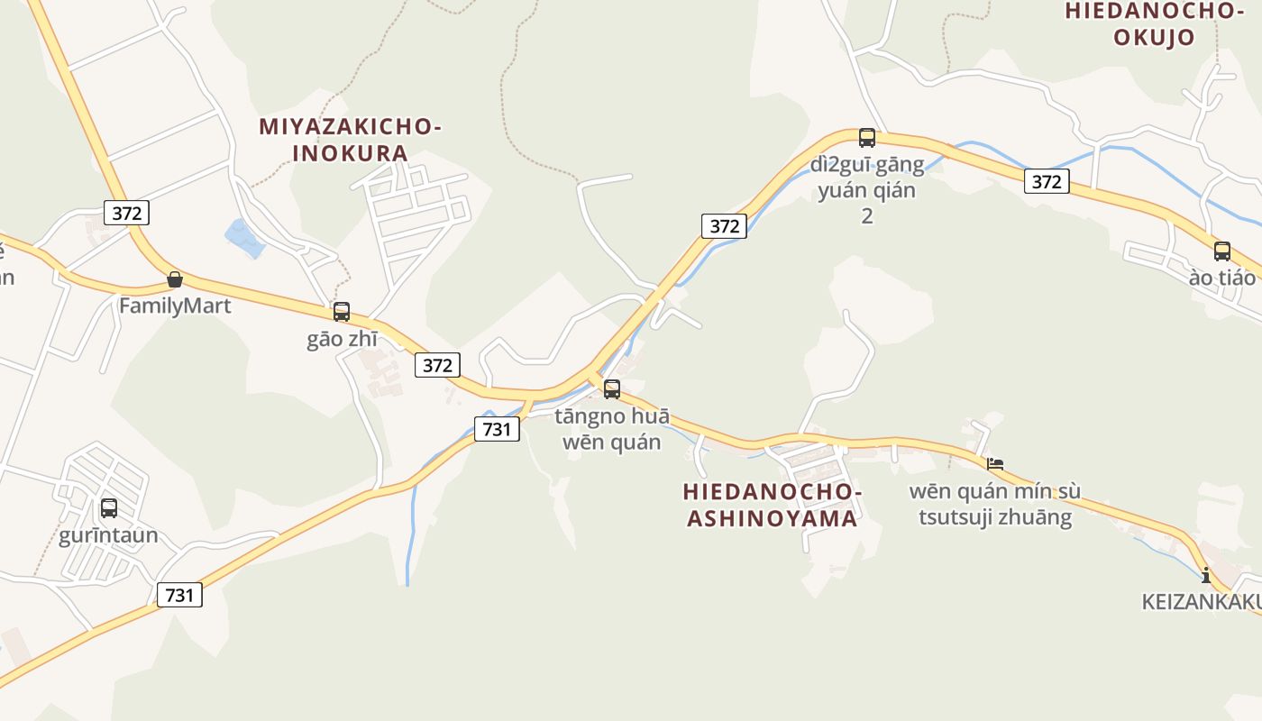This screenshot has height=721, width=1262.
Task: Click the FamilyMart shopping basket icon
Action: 175,279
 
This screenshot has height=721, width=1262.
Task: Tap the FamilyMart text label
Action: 175,306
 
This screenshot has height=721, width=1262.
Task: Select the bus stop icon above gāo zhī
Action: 342,312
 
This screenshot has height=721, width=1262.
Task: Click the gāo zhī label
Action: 342,339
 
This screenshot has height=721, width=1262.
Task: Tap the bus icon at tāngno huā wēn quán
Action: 612,389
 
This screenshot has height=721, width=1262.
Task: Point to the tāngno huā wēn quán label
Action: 612,429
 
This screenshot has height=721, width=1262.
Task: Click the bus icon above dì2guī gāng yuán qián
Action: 867,138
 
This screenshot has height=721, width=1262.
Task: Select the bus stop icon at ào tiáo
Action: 1222,251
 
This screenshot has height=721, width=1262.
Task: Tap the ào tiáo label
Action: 1221,278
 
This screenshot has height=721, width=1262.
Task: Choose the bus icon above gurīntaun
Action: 109,508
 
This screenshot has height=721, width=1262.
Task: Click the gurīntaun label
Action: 108,535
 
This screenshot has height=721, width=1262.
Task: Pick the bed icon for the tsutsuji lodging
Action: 995,465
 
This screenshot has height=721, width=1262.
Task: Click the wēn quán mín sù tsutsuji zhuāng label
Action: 994,504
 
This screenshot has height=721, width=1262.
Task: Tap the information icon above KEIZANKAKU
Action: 1206,574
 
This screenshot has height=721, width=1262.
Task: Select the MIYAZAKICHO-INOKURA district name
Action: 351,140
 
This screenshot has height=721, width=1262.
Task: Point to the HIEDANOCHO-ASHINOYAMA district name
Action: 773,505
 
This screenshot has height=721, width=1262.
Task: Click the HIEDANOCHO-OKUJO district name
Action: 1154,23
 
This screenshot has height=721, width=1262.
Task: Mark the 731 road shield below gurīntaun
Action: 179,595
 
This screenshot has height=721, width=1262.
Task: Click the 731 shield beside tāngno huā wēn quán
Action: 497,429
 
